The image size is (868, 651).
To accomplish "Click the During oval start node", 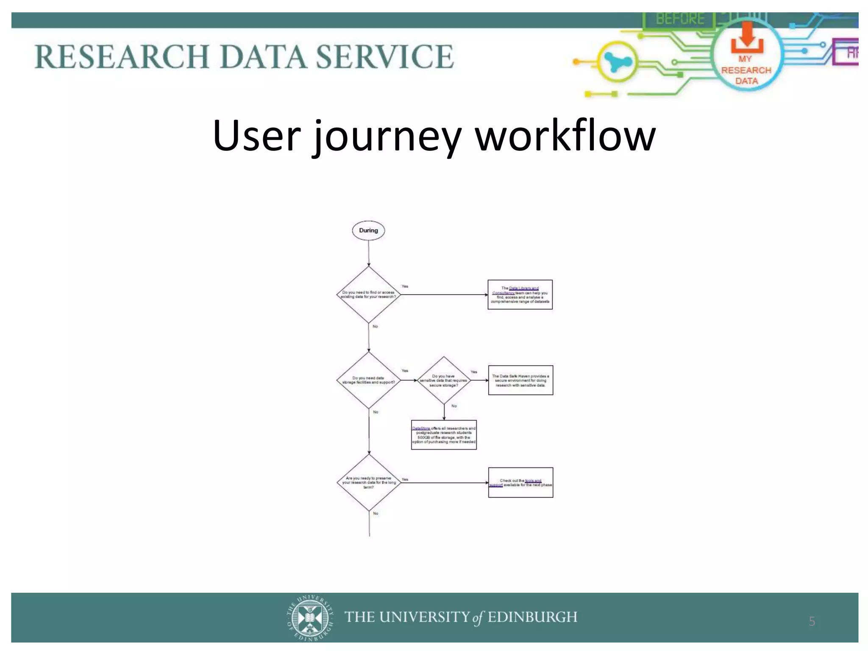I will [368, 231].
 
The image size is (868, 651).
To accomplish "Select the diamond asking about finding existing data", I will [368, 295].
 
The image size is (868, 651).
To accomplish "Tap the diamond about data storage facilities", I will [368, 380].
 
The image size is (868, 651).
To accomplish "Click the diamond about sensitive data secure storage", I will [444, 380].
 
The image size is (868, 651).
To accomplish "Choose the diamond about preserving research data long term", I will [369, 482].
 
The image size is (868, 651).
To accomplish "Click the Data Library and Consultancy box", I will [520, 295].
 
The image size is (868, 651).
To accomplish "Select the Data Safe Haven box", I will [520, 380].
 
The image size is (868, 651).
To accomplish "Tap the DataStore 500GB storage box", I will [444, 435].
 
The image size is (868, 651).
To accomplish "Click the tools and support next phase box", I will [520, 482].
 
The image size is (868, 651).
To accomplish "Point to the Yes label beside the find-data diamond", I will [405, 287].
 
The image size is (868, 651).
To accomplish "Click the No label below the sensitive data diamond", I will [454, 406].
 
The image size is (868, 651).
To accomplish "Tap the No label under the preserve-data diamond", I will [376, 514].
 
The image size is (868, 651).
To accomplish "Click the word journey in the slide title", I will [387, 136].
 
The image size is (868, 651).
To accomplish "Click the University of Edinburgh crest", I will [310, 618].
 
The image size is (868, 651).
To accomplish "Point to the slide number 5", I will [812, 621].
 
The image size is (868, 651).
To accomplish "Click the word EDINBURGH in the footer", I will [532, 617].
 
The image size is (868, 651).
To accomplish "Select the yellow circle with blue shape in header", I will [617, 62].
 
